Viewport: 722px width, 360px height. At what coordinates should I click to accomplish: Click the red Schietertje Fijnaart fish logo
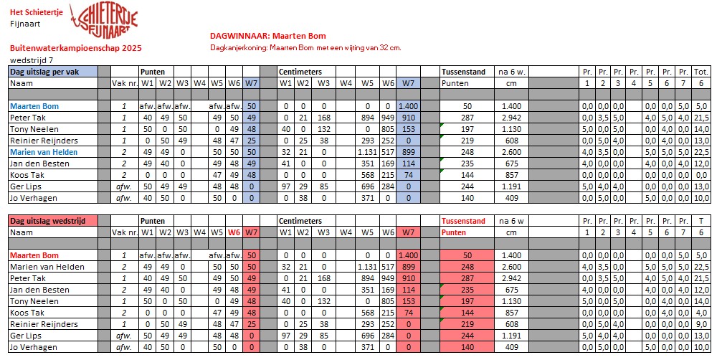click(x=107, y=22)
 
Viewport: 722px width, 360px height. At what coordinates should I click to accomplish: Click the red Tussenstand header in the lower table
click(x=464, y=221)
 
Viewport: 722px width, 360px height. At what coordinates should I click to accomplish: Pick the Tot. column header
click(x=700, y=72)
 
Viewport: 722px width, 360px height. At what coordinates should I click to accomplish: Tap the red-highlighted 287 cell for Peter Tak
click(x=467, y=278)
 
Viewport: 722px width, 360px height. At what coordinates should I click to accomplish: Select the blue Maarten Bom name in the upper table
click(x=34, y=106)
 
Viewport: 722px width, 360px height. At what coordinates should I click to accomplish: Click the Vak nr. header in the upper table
click(x=124, y=83)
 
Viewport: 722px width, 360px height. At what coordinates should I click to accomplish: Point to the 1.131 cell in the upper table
click(x=368, y=152)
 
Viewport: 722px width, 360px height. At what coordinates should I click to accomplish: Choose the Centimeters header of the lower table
click(x=300, y=221)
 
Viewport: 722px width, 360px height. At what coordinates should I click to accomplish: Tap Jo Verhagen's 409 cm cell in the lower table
click(x=511, y=347)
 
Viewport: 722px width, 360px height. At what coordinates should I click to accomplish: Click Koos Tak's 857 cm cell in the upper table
click(x=511, y=175)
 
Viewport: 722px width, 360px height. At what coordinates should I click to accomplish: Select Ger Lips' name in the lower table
click(x=25, y=336)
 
